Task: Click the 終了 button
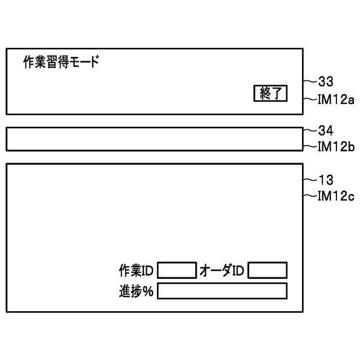click(x=271, y=94)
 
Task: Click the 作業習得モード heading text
click(x=61, y=62)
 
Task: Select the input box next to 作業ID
click(x=177, y=271)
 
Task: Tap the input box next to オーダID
click(x=267, y=271)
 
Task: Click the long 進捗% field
click(x=222, y=291)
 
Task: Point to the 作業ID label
click(x=136, y=271)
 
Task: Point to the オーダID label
click(x=222, y=271)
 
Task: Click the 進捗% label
click(x=136, y=291)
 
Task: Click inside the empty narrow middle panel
click(x=154, y=139)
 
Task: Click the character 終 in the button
click(x=264, y=94)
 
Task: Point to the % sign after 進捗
click(x=149, y=292)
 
